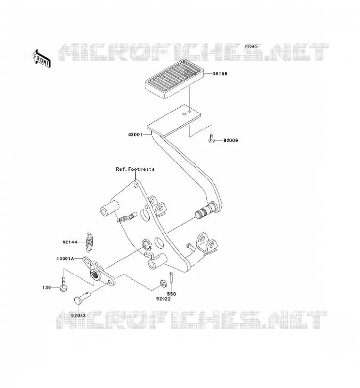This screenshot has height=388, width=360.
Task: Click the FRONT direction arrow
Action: click(42, 59)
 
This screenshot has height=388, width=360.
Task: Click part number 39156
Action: click(220, 74)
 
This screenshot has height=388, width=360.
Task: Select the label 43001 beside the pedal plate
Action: click(135, 135)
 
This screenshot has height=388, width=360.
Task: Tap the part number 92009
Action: click(230, 140)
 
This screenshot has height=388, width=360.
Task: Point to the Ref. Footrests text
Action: click(135, 169)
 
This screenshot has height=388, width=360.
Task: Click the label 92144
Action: click(70, 242)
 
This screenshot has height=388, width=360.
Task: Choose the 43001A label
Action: click(65, 259)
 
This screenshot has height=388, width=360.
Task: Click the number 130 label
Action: click(47, 288)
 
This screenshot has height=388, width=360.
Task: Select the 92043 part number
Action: click(79, 316)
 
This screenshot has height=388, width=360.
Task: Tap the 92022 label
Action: click(164, 299)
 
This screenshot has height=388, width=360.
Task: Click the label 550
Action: click(172, 294)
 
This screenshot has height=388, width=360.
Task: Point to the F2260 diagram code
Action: click(251, 47)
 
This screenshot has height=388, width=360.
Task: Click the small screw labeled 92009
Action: click(211, 138)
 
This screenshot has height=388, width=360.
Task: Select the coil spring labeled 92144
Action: click(89, 242)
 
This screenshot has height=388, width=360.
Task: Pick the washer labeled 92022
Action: click(164, 284)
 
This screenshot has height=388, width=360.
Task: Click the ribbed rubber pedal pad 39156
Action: click(174, 79)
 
